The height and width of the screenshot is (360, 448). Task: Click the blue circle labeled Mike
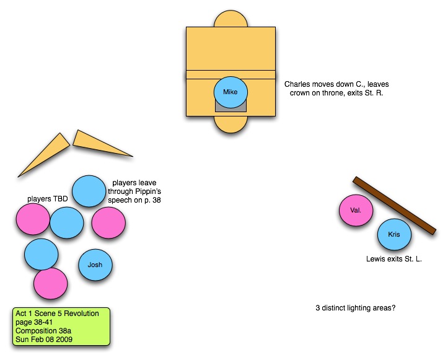231,93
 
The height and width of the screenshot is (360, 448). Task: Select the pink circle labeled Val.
356,210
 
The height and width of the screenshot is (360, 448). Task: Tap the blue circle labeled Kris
394,235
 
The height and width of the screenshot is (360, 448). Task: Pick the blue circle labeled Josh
95,265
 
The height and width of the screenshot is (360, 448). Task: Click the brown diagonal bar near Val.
393,206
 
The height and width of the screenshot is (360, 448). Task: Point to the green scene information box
61,327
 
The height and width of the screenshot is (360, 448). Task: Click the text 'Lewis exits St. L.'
394,258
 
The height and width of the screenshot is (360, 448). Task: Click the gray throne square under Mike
231,107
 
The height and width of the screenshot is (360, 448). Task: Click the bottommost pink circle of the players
50,283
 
